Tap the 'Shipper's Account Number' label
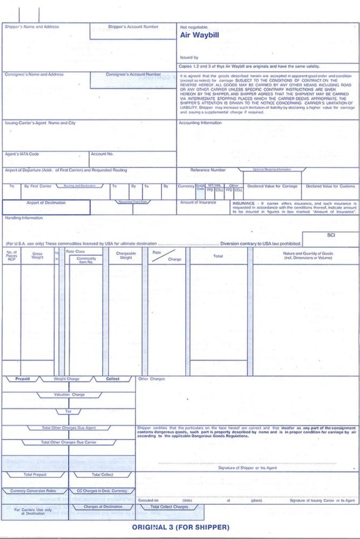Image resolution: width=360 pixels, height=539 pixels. click(x=133, y=26)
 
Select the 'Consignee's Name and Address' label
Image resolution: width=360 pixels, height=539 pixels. click(x=34, y=75)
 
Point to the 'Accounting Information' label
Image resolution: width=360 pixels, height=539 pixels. click(x=201, y=123)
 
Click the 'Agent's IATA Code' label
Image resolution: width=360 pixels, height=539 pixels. click(x=22, y=154)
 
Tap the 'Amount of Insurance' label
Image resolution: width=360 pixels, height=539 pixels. click(x=198, y=202)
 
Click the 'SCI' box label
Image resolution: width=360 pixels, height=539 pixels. click(x=331, y=235)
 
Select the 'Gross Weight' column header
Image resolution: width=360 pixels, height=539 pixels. click(x=37, y=256)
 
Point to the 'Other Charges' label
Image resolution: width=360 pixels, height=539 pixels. click(x=152, y=379)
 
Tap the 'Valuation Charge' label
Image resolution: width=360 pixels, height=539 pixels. click(x=69, y=394)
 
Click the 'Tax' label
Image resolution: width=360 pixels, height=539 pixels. click(x=68, y=411)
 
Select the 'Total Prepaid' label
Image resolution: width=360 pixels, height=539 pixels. click(x=35, y=474)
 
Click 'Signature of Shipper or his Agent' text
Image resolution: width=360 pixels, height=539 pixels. click(x=248, y=467)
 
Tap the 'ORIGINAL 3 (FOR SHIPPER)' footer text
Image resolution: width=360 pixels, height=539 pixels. click(x=181, y=527)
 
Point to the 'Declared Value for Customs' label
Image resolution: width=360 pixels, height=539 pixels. click(x=331, y=186)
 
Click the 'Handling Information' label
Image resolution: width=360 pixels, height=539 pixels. click(x=24, y=218)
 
